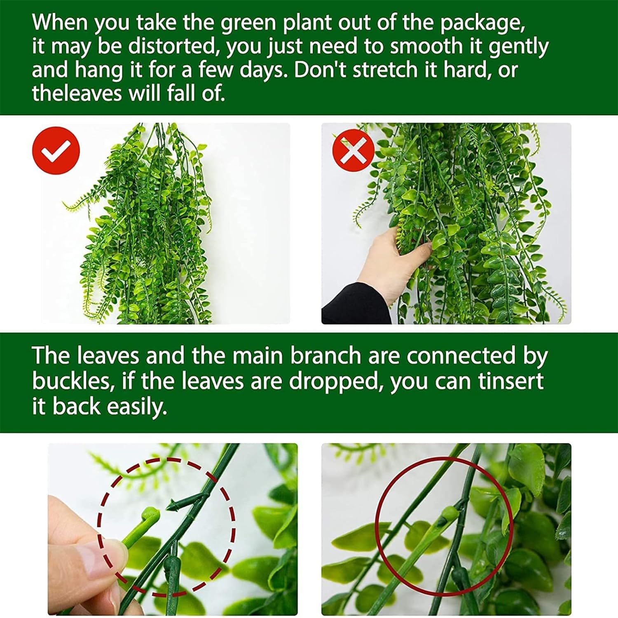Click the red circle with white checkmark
[x=56, y=150]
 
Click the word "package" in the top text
[x=482, y=23]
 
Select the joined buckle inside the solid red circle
[x=447, y=517]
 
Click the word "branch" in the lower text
[x=325, y=356]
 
